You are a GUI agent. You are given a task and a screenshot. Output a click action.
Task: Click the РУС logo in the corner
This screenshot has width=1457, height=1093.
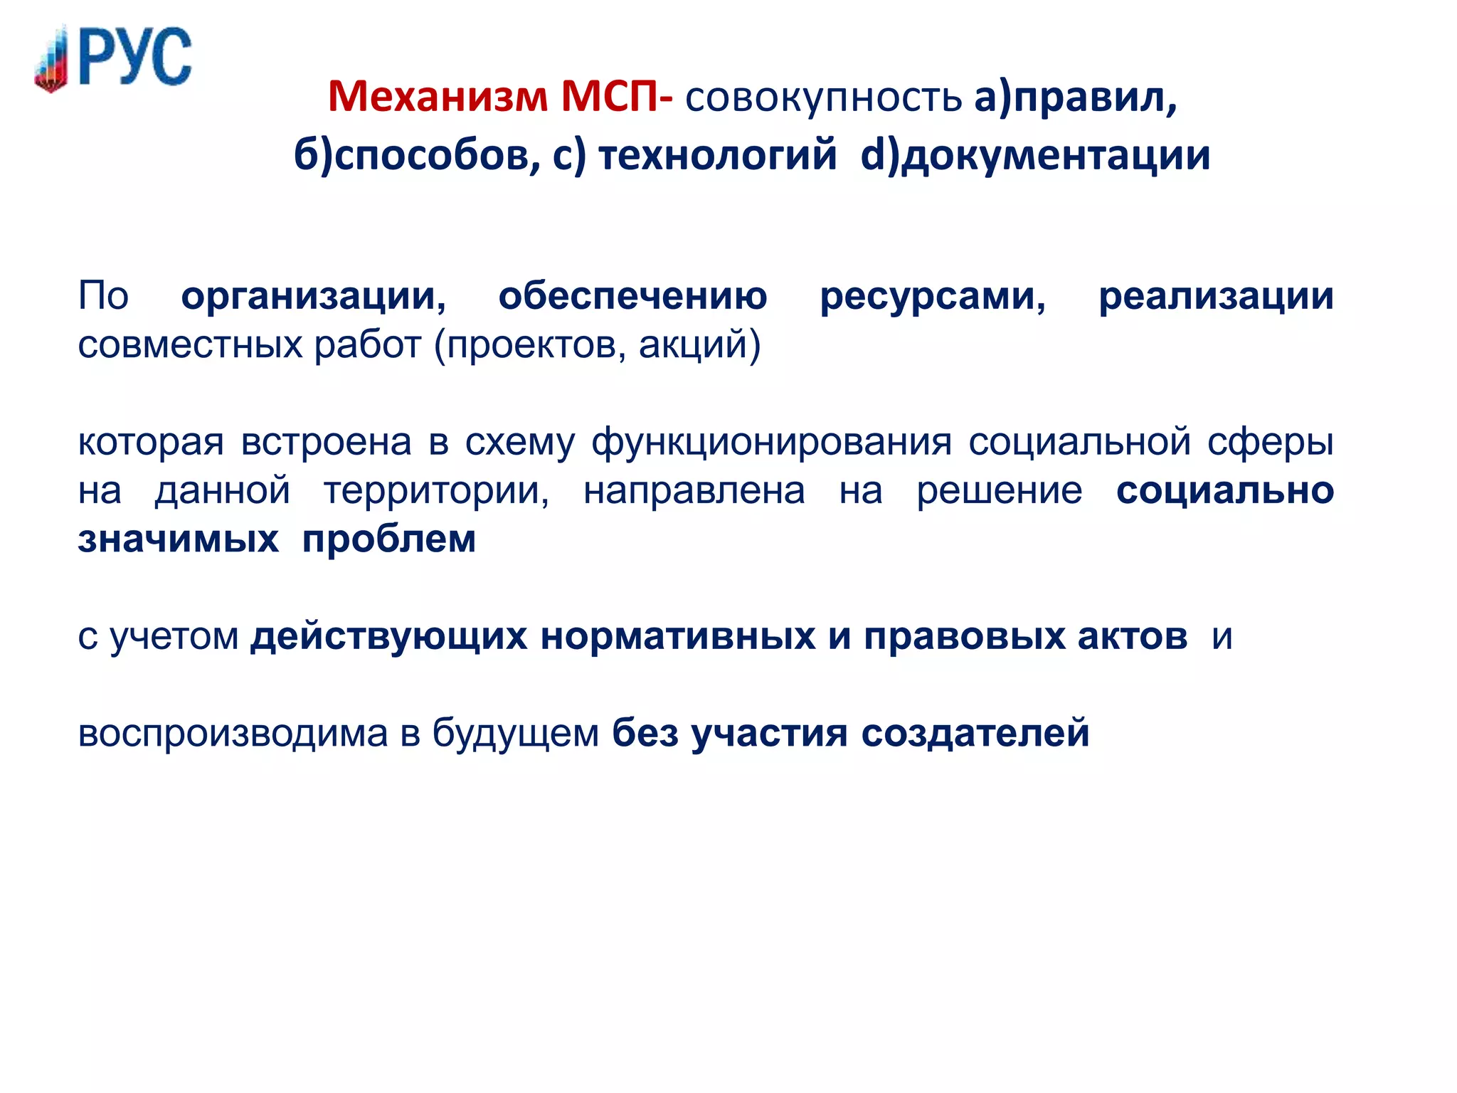[x=114, y=58]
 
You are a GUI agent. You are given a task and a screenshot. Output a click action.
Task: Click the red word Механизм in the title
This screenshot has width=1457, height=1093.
[x=438, y=97]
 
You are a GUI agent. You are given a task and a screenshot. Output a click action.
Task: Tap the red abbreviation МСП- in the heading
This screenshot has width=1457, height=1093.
[x=616, y=97]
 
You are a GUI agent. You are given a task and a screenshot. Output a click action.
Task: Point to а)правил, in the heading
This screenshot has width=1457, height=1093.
[x=1075, y=98]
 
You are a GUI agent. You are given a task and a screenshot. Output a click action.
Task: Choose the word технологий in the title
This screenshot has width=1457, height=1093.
[x=717, y=156]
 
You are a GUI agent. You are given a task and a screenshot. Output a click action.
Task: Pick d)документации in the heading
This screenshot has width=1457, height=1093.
[x=1035, y=156]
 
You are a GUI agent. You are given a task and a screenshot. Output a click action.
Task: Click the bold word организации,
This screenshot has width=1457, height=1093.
[x=314, y=296]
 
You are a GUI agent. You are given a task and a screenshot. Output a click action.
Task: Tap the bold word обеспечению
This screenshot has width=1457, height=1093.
[x=632, y=296]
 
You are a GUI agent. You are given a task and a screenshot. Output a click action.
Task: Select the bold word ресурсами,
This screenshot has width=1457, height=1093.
[x=933, y=296]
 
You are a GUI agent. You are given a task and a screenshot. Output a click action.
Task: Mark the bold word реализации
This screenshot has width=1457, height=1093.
[x=1216, y=296]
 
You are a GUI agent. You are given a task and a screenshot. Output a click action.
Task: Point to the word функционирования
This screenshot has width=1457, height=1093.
[x=771, y=443]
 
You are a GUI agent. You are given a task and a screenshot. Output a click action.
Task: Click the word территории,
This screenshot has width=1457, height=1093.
[x=437, y=491]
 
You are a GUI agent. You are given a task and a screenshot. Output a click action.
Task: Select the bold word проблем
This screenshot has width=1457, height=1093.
[x=389, y=539]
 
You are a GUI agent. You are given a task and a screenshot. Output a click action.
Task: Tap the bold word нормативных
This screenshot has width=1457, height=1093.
[x=678, y=636]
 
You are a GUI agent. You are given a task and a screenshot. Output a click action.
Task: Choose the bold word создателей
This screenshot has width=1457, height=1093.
[x=975, y=733]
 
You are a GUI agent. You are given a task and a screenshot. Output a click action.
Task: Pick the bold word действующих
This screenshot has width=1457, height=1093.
[x=388, y=637]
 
